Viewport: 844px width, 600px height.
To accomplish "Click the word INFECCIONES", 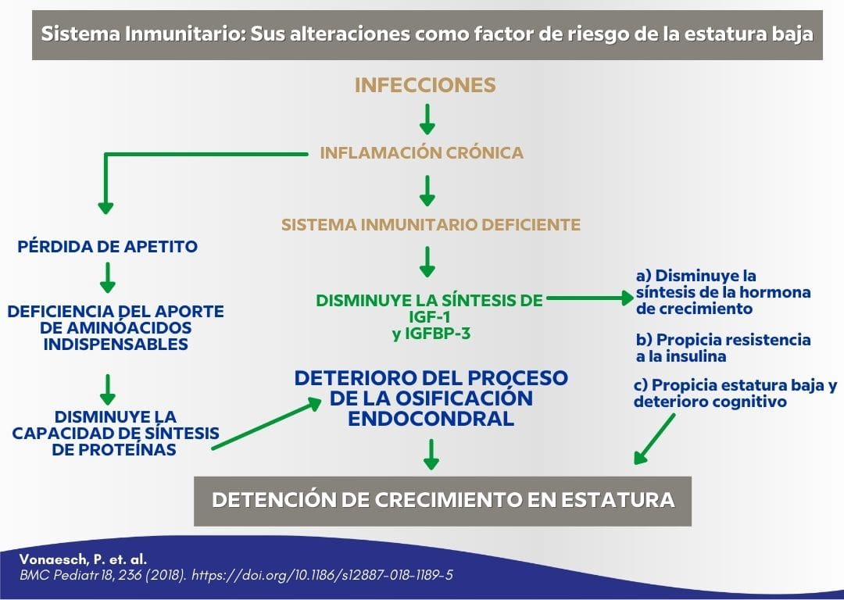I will point(425,85).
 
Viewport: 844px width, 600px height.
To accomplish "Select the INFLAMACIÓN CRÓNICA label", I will point(421,153).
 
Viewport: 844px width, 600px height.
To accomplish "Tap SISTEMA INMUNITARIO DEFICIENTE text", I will point(431,225).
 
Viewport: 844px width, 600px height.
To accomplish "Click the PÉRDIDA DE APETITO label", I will point(107,247).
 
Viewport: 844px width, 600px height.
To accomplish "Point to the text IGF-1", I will point(428,318).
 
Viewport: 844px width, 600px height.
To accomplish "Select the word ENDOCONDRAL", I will point(431,418).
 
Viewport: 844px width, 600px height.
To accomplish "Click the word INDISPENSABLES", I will point(115,344).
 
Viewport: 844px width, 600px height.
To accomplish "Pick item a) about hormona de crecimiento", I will point(722,292).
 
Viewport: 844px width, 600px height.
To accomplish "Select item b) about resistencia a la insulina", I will point(722,348).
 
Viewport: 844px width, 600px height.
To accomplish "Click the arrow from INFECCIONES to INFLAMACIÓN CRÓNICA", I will point(427,118).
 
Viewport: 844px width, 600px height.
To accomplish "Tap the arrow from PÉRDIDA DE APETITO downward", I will point(108,277).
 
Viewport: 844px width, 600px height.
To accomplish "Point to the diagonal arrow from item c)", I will point(655,438).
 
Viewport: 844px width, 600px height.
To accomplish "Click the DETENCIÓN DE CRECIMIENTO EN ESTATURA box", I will point(442,500).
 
